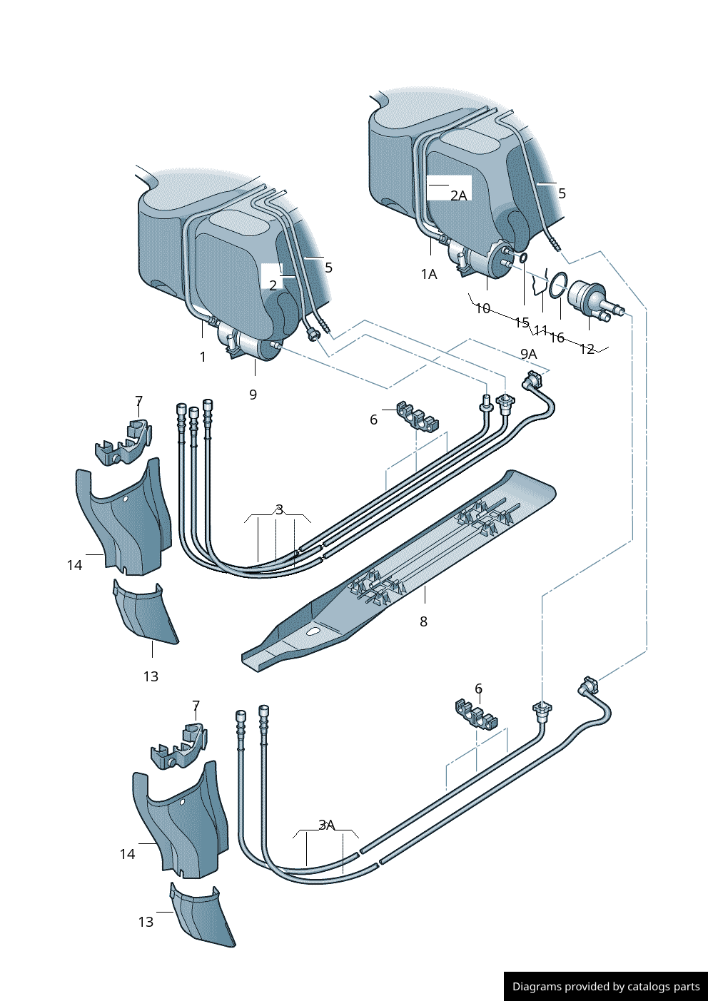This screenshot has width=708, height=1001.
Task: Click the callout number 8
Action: point(423,621)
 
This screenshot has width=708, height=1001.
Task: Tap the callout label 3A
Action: point(326,825)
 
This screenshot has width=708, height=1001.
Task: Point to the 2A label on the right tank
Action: point(458,195)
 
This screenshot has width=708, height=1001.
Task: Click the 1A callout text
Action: point(428,274)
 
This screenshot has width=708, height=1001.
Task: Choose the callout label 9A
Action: point(528,354)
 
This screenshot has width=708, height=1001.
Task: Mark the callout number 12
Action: point(587,349)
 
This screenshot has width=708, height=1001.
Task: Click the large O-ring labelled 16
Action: point(558,284)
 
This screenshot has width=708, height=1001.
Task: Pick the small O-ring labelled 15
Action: point(522,258)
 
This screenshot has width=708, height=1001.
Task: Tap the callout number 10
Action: point(482,308)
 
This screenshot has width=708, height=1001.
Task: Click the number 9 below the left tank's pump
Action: point(253,395)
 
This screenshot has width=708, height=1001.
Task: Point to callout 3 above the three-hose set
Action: point(279,509)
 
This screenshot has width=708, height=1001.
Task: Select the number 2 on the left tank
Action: point(273,285)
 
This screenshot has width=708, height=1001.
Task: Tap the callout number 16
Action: point(557,337)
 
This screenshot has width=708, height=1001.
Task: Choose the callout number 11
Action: point(540,330)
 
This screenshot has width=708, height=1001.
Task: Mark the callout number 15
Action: point(522,322)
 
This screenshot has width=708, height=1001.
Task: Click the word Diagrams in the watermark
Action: point(536,987)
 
